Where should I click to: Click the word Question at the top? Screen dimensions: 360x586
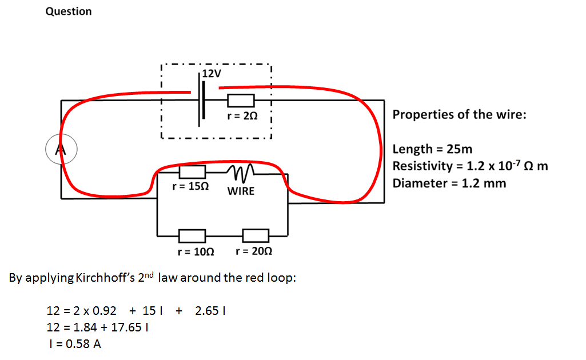tap(69, 11)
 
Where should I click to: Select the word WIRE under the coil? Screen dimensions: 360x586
tap(241, 191)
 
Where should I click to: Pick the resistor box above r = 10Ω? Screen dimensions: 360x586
tap(192, 235)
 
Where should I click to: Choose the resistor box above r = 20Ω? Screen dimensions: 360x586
tap(256, 235)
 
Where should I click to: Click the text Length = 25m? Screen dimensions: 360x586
tap(433, 150)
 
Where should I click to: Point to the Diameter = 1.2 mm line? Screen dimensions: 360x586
tap(449, 183)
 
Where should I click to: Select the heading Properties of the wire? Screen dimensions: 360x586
tap(459, 114)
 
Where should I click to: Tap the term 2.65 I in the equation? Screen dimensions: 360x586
tap(212, 311)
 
